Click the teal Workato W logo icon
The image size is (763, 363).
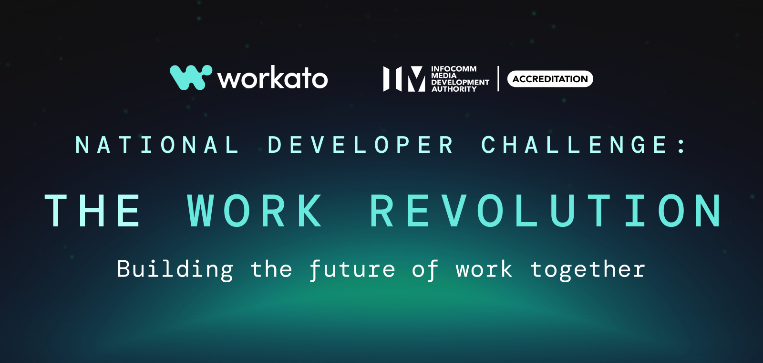click(190, 77)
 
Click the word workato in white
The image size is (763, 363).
click(273, 78)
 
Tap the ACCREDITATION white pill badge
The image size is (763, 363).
click(550, 79)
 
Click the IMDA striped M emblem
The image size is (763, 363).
click(404, 79)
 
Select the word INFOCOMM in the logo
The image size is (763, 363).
click(454, 69)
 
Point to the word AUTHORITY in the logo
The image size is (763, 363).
click(454, 89)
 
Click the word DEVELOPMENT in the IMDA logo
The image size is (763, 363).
click(460, 83)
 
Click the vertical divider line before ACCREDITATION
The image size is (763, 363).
click(498, 79)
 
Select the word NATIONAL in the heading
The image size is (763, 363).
click(157, 145)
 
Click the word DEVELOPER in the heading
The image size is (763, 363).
click(361, 145)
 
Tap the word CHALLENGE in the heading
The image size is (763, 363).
click(574, 145)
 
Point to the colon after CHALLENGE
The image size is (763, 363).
click(682, 145)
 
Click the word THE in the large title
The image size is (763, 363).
click(93, 211)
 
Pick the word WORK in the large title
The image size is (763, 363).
click(255, 211)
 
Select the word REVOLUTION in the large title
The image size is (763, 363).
click(546, 211)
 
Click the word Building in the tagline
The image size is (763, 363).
click(175, 269)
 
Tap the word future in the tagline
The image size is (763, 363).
click(352, 269)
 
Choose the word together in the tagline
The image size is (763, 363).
click(588, 269)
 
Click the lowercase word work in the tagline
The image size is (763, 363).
click(484, 269)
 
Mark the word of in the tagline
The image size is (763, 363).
click(425, 269)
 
